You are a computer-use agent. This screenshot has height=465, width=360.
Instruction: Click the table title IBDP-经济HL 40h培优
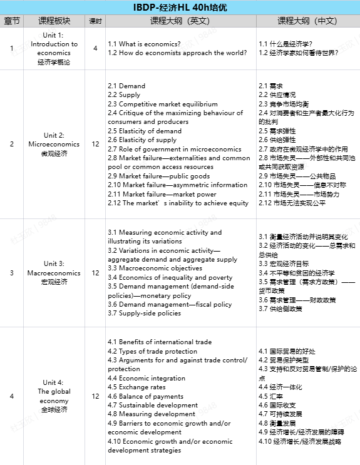click(x=180, y=8)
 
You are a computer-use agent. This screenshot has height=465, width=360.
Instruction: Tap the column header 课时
click(x=95, y=21)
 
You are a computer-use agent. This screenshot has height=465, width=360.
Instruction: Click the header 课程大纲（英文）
click(x=180, y=21)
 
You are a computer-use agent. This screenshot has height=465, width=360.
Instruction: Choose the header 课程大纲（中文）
click(x=307, y=21)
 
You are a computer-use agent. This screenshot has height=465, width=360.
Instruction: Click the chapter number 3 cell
click(x=11, y=273)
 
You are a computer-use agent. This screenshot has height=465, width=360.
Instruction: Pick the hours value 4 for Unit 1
click(x=95, y=48)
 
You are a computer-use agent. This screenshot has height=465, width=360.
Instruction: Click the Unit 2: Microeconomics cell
click(x=54, y=144)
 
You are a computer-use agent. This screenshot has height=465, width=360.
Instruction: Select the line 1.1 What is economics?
click(x=144, y=44)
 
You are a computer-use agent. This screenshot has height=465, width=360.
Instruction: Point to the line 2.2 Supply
click(x=124, y=95)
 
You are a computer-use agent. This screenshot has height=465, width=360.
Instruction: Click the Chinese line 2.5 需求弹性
click(x=277, y=131)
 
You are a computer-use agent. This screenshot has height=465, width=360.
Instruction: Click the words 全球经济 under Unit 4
click(x=54, y=409)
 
